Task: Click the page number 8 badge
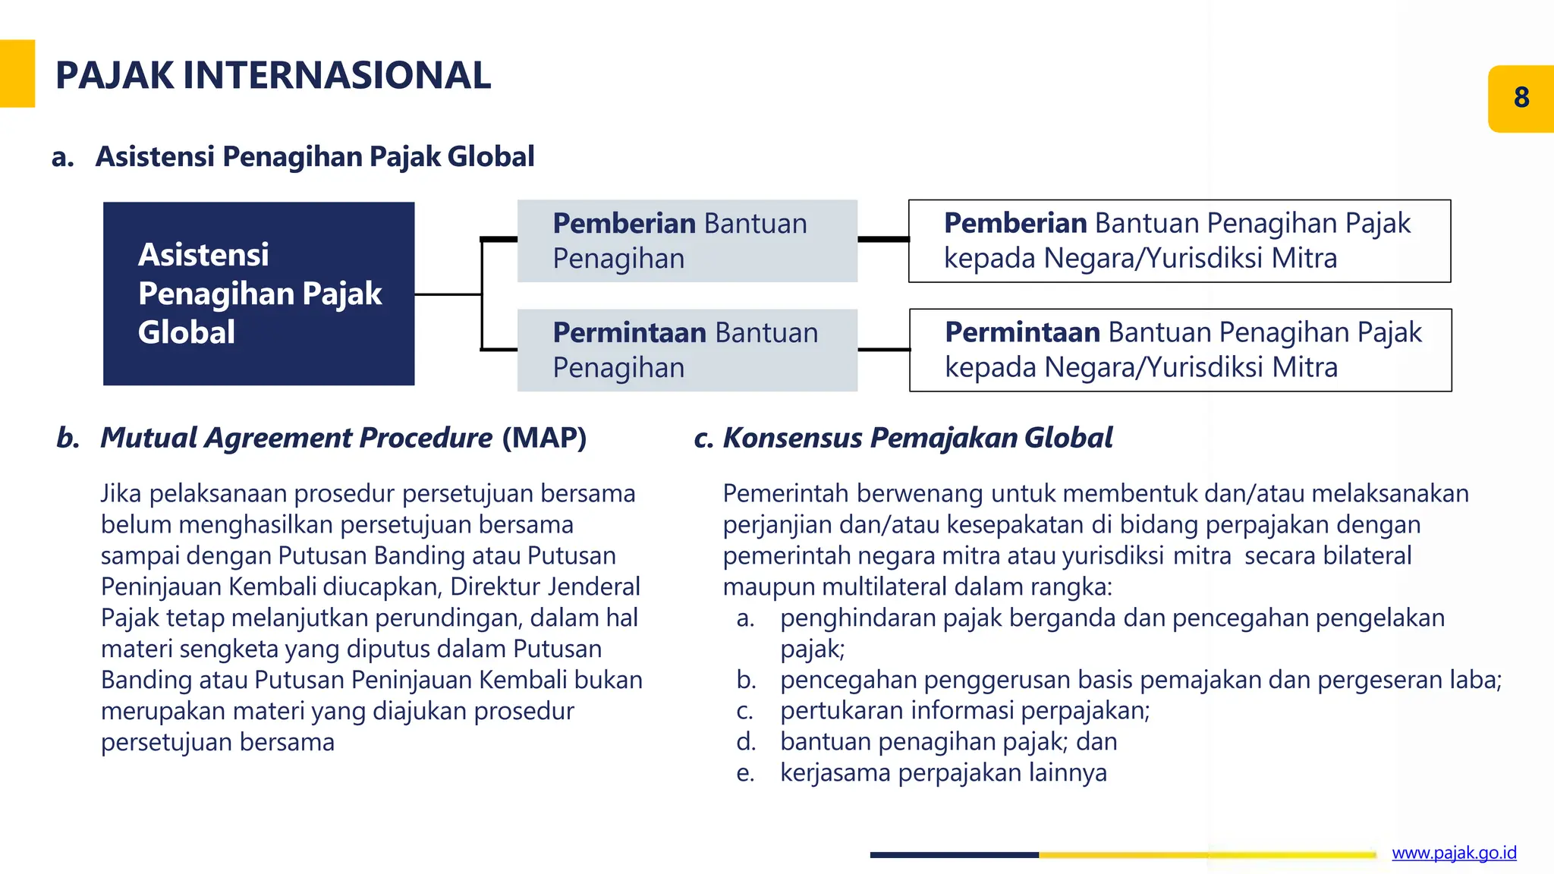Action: pos(1521,99)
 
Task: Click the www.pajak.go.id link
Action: pos(1454,853)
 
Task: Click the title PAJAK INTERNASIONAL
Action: pos(273,76)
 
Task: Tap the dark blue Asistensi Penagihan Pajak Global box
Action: pos(259,294)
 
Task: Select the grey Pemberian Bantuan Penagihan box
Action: pos(687,241)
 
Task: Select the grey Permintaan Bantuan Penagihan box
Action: pos(687,351)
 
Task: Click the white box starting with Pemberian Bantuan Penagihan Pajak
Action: pos(1179,241)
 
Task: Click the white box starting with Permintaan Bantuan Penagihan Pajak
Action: pos(1180,351)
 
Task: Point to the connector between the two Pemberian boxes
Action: pos(883,239)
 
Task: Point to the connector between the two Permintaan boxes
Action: pos(883,350)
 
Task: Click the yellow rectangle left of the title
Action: pos(17,74)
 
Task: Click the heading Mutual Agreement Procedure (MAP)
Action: pos(343,438)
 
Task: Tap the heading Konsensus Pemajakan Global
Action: pos(917,438)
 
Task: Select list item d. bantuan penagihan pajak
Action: pos(948,741)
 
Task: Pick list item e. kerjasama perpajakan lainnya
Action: pos(943,772)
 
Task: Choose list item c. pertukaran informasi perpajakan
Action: pos(964,710)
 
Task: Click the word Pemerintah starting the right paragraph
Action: pos(786,494)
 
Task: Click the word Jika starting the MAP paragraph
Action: pos(121,494)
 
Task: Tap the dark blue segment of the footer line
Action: pos(954,855)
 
